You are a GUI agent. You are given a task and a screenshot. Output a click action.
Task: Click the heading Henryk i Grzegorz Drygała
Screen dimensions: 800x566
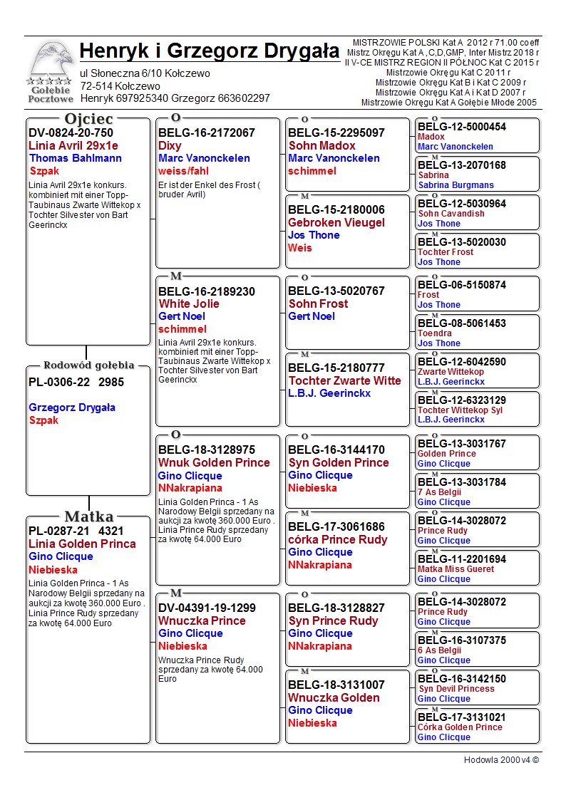coord(210,51)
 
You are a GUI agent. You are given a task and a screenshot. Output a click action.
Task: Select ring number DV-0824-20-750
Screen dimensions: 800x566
coord(71,133)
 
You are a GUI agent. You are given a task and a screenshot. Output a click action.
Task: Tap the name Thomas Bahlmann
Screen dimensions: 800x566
coord(76,158)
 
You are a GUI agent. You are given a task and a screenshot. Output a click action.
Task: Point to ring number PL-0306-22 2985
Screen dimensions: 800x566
coord(76,382)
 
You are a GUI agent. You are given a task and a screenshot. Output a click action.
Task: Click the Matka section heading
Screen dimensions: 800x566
coord(88,516)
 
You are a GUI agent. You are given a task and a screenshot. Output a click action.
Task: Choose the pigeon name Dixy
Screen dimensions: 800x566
coord(170,145)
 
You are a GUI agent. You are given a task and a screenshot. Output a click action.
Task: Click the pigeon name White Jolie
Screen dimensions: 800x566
coord(189,303)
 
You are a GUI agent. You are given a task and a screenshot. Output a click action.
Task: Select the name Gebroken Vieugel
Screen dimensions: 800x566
coord(336,222)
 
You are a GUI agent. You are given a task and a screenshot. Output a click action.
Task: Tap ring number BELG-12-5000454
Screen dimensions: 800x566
coord(462,127)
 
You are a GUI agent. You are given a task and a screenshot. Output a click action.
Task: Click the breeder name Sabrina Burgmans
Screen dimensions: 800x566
coord(456,185)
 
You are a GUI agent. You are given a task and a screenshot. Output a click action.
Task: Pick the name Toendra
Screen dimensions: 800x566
coord(435,333)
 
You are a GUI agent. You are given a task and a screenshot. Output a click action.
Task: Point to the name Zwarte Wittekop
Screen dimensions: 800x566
coord(451,372)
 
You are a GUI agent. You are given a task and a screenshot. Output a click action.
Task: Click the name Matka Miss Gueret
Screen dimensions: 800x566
coord(456,569)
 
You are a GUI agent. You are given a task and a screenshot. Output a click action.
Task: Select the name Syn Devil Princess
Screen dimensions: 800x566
coord(456,689)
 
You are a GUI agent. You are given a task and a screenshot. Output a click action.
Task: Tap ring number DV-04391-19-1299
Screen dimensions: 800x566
coord(207,608)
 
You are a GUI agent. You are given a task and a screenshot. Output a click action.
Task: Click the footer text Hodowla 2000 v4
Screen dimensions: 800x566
coord(501,760)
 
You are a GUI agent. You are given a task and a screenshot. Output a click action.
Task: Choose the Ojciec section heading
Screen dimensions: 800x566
coord(88,118)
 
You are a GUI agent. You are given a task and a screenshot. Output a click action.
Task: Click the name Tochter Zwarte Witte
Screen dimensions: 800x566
coord(344,380)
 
